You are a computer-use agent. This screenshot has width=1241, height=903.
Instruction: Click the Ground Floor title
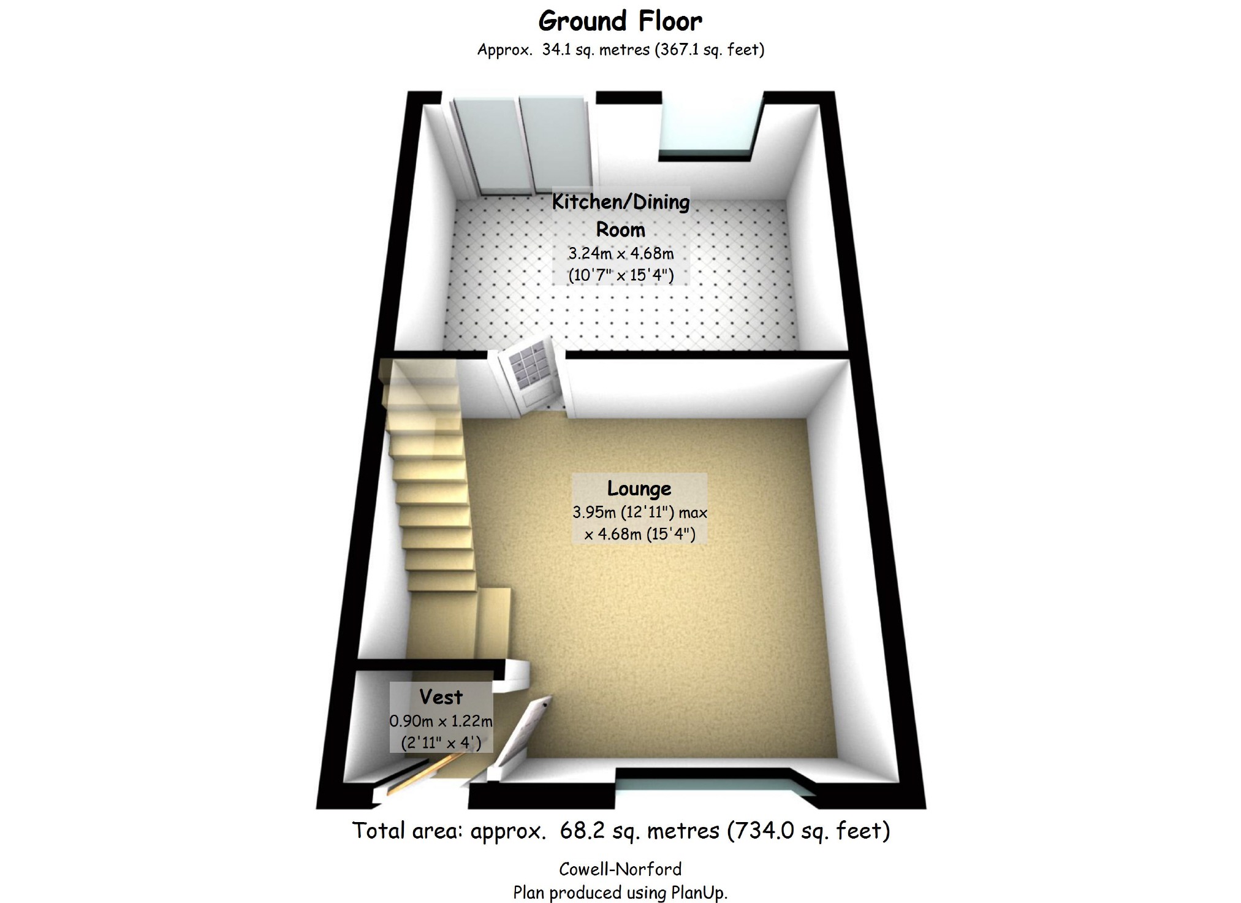620,21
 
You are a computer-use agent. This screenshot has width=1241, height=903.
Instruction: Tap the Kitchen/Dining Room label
621,215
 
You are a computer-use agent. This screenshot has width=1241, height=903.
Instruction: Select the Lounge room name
639,488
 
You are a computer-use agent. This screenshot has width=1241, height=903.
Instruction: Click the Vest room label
441,697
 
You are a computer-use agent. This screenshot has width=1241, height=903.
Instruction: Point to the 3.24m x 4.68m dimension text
621,253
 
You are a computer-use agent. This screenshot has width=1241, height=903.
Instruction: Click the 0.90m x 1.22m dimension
441,721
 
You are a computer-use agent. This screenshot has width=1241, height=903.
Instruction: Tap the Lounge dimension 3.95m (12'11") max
640,512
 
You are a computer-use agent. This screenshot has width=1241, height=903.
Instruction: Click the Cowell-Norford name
620,869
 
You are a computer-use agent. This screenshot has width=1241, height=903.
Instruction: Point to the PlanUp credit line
620,893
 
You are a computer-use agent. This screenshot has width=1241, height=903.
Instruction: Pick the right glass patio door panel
555,143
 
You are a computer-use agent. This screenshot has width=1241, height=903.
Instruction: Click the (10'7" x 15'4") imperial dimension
621,275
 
